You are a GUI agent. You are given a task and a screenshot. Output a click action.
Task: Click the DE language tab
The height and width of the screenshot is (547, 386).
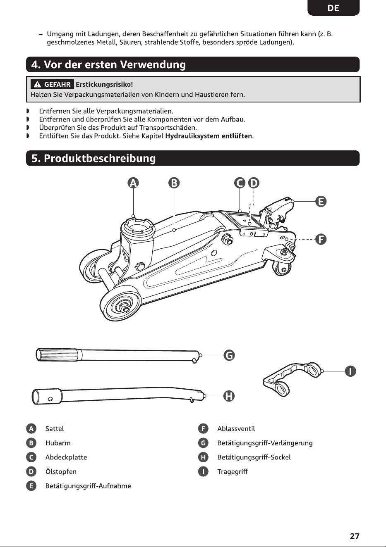[x=333, y=8]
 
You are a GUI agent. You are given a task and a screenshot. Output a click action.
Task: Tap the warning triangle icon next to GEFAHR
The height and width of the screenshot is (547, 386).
[x=37, y=85]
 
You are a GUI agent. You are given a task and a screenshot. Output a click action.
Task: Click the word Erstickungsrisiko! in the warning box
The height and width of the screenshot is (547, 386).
[x=104, y=85]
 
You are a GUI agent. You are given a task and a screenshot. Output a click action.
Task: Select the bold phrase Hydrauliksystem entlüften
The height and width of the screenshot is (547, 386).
[x=209, y=136]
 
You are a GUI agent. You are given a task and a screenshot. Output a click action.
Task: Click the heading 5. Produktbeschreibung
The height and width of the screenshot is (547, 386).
[x=94, y=158]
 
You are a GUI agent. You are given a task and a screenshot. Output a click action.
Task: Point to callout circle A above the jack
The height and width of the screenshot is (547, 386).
[x=133, y=183]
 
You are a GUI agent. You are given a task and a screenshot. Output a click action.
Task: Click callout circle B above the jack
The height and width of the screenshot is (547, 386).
[x=174, y=183]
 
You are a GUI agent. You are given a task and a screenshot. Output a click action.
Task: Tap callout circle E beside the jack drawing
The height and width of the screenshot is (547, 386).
[x=321, y=202]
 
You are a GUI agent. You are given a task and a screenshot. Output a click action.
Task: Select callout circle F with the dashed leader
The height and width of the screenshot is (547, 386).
[x=321, y=239]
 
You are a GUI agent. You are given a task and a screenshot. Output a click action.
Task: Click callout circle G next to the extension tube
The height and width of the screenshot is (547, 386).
[x=229, y=355]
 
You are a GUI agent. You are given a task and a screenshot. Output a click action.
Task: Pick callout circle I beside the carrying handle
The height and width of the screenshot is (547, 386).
[x=350, y=371]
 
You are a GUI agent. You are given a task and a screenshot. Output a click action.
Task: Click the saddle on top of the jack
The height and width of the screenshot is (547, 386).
[x=138, y=227]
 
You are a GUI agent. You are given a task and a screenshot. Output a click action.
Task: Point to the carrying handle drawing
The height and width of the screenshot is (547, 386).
[x=292, y=378]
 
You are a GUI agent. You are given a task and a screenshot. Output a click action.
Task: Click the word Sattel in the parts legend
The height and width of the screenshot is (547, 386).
[x=55, y=428]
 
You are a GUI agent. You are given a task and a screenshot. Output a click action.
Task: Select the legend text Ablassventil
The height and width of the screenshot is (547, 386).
[x=236, y=428]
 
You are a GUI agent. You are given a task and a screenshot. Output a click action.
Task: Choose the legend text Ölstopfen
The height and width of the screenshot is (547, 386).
[x=61, y=471]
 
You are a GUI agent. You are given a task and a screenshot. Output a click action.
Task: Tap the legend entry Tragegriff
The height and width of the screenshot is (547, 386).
[x=233, y=471]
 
